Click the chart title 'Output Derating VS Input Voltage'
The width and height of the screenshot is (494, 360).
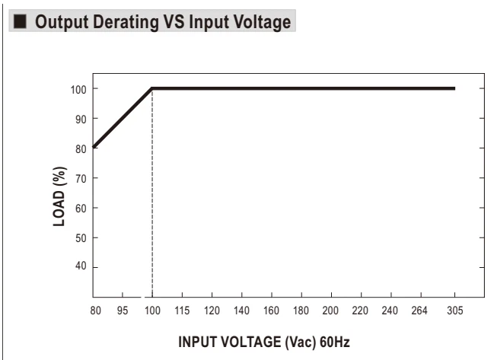163,22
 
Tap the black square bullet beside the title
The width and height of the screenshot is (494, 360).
20,21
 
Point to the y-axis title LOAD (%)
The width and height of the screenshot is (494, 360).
59,196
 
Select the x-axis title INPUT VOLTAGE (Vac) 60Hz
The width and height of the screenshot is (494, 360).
264,342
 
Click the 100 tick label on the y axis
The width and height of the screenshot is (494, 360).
78,90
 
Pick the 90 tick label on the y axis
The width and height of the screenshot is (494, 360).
81,119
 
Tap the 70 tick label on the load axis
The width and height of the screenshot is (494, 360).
81,179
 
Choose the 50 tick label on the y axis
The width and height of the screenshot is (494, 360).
81,238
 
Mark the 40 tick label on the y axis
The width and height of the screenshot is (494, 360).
81,266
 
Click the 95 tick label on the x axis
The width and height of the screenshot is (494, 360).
123,311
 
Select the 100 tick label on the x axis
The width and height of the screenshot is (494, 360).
152,311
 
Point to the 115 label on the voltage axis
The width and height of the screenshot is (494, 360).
182,311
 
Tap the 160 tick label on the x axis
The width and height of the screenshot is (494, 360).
271,311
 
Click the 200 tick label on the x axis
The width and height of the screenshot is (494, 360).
330,311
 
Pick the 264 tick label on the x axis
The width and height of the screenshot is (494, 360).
419,311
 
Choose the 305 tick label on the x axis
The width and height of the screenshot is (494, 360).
455,311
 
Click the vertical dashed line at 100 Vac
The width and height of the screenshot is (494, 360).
152,193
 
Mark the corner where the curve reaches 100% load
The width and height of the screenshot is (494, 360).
152,88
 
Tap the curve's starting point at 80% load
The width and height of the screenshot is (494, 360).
94,147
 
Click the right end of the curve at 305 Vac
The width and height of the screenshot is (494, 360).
454,88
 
